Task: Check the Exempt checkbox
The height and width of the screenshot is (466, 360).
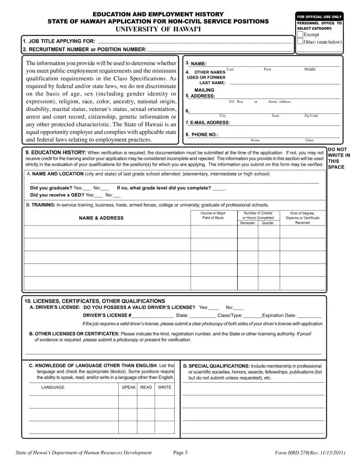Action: tap(300, 34)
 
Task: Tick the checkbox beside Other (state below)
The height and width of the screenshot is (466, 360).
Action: tap(300, 42)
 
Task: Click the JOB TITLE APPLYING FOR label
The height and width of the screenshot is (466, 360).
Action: tap(59, 41)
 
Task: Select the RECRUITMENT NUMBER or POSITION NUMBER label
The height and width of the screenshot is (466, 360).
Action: tap(84, 49)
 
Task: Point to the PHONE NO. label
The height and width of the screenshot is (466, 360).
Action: tap(202, 135)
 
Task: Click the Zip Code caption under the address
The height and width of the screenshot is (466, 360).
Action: tap(311, 116)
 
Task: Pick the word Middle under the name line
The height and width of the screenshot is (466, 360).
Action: tap(310, 69)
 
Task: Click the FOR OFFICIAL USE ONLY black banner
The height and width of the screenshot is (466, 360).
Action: tap(320, 17)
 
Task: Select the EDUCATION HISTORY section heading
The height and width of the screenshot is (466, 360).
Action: tap(56, 152)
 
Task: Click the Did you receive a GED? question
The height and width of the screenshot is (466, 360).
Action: tap(57, 195)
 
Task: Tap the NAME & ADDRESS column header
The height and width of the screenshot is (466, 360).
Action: tap(101, 218)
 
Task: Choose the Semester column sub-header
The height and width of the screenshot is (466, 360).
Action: tap(247, 223)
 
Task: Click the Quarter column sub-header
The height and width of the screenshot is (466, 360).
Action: tap(268, 223)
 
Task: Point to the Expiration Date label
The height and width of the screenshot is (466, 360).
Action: tap(279, 316)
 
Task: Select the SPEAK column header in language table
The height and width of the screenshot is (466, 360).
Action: tap(129, 387)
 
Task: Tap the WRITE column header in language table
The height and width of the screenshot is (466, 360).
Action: tap(165, 387)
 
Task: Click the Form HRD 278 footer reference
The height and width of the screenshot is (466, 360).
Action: tap(310, 453)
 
